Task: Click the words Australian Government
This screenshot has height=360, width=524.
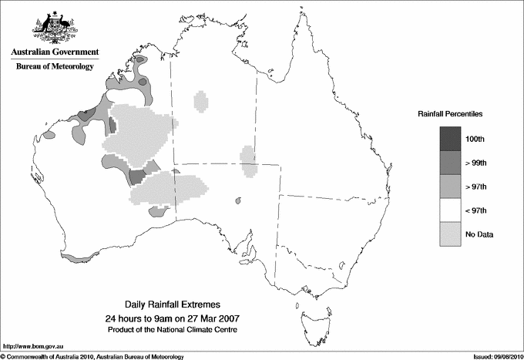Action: (55, 52)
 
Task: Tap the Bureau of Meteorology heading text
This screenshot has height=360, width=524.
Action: (55, 67)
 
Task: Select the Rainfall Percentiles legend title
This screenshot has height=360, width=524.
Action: (450, 114)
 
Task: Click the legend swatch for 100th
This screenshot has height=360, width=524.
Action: (449, 139)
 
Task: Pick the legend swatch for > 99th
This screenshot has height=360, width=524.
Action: (449, 163)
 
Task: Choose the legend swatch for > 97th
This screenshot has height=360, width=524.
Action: (449, 187)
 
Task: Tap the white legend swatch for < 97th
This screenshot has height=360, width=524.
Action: (449, 210)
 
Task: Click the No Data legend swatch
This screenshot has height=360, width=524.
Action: (449, 234)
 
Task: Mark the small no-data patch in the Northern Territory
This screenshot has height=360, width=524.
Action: (201, 102)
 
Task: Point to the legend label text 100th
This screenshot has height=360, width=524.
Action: (475, 139)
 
